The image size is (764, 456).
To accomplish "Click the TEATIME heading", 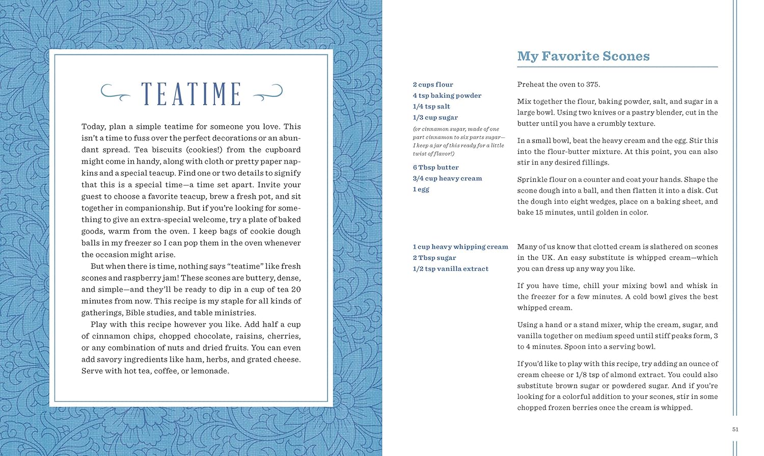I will (x=191, y=94).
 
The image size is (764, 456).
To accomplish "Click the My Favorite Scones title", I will (x=583, y=56).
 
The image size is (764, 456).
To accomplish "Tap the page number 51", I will (x=735, y=430).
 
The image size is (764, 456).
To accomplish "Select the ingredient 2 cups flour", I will (x=432, y=85).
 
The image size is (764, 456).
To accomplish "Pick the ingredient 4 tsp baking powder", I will (x=447, y=96).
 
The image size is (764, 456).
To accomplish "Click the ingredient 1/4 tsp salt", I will (x=431, y=106).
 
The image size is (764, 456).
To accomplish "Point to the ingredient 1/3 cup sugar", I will (x=435, y=118).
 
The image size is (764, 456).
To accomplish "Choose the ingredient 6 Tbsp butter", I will (x=435, y=168).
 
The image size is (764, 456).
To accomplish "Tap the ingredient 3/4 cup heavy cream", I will (x=447, y=178).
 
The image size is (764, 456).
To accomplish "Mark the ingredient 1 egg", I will (x=421, y=190).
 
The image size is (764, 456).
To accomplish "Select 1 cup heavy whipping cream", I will (x=460, y=247).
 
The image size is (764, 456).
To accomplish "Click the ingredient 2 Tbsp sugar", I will (x=434, y=258).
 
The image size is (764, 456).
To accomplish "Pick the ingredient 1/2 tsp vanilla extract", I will (x=450, y=269).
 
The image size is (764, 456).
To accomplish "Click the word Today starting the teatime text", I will (x=93, y=126).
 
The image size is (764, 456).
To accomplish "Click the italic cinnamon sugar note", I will (x=458, y=141).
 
